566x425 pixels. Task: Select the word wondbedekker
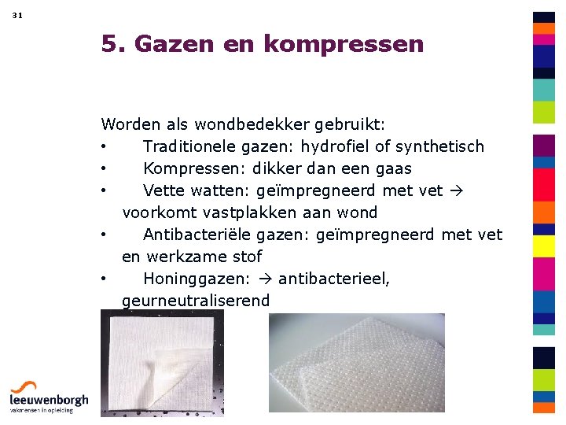click(x=259, y=124)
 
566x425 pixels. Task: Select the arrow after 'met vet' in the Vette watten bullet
click(x=456, y=190)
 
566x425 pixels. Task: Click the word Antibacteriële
click(x=197, y=235)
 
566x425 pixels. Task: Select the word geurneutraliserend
click(x=196, y=301)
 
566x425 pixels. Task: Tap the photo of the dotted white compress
click(x=357, y=362)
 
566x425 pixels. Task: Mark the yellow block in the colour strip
click(x=544, y=246)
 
